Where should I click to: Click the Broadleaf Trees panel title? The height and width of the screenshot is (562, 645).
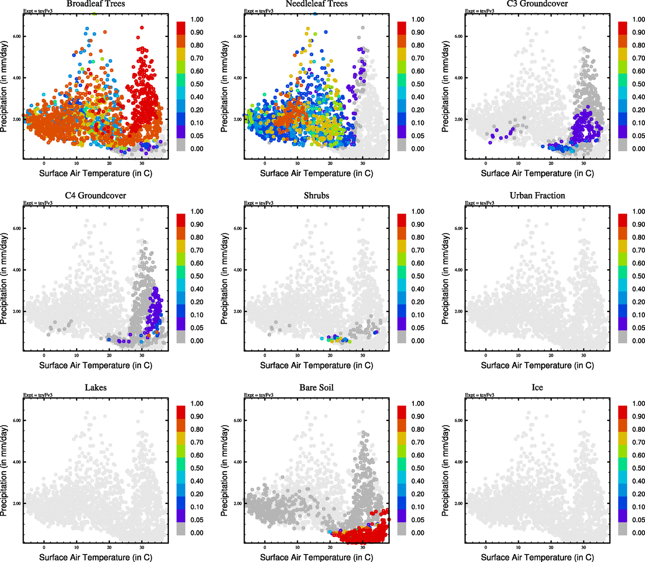pyautogui.click(x=95, y=4)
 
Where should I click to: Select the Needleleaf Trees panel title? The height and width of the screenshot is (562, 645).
pyautogui.click(x=316, y=4)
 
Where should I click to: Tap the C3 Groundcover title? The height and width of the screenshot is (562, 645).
pyautogui.click(x=537, y=4)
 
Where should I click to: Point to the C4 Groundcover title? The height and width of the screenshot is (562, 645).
pyautogui.click(x=95, y=196)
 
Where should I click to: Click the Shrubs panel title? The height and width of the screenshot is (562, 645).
pyautogui.click(x=316, y=196)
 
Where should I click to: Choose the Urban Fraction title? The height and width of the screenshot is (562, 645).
pyautogui.click(x=537, y=196)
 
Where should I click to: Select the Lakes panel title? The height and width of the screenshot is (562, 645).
pyautogui.click(x=95, y=388)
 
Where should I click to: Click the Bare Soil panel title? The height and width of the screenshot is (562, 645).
pyautogui.click(x=316, y=388)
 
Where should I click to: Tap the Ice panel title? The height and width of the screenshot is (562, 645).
pyautogui.click(x=537, y=388)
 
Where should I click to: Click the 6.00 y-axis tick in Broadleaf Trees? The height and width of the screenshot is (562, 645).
pyautogui.click(x=16, y=37)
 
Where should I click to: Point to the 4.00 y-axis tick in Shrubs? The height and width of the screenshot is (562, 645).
pyautogui.click(x=237, y=270)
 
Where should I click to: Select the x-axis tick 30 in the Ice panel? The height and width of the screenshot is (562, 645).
pyautogui.click(x=584, y=547)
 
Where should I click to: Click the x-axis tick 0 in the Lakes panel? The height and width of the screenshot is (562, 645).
pyautogui.click(x=44, y=547)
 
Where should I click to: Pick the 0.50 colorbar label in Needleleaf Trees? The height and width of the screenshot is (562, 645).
pyautogui.click(x=418, y=84)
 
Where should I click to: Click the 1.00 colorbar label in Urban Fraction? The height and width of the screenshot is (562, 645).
pyautogui.click(x=639, y=212)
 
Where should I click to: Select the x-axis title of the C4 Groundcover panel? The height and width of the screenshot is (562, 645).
pyautogui.click(x=95, y=365)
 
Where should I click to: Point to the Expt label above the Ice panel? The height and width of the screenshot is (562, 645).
pyautogui.click(x=479, y=395)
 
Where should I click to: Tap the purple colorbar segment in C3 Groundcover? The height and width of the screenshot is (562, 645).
pyautogui.click(x=623, y=133)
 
